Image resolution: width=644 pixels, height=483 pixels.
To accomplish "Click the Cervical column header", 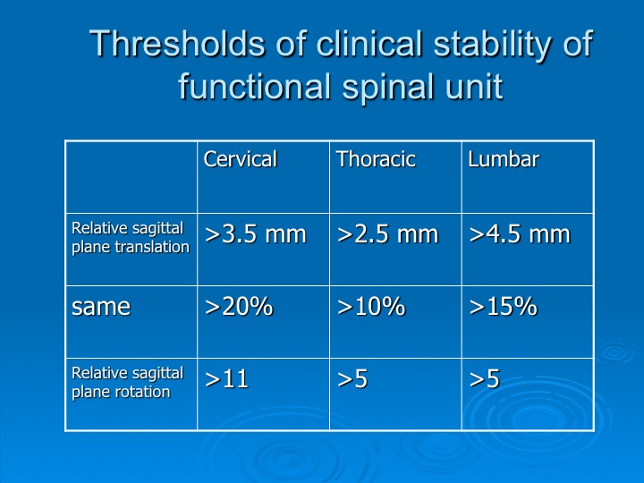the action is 241,159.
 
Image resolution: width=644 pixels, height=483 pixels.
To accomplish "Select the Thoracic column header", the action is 376,159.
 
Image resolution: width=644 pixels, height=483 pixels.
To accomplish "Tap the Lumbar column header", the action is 504,159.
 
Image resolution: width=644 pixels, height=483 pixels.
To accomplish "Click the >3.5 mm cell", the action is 256,234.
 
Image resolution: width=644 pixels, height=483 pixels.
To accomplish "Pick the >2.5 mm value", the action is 387,234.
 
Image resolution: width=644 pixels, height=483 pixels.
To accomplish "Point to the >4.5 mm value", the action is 520,234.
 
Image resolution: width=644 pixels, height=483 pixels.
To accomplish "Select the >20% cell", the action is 239,307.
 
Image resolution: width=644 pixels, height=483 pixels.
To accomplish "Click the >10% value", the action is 371,307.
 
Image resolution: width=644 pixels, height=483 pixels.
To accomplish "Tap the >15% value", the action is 503,307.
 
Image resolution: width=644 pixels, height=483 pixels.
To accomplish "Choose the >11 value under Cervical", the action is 226,378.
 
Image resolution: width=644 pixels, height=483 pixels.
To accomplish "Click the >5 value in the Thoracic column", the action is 352,378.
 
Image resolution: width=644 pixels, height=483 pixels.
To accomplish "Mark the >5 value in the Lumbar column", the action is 484,378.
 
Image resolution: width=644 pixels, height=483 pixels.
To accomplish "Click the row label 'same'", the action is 101,307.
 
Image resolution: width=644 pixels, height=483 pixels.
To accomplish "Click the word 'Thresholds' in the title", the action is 177,44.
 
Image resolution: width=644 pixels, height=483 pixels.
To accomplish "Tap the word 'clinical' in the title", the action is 369,44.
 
